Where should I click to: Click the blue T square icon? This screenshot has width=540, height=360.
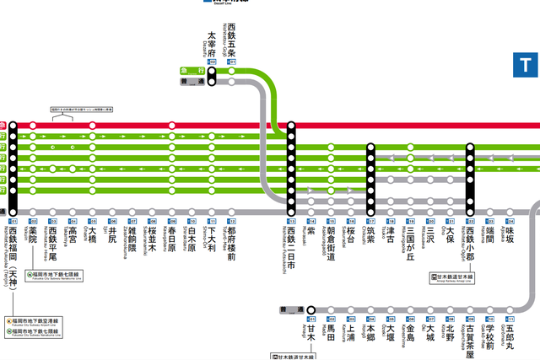[526, 64]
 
